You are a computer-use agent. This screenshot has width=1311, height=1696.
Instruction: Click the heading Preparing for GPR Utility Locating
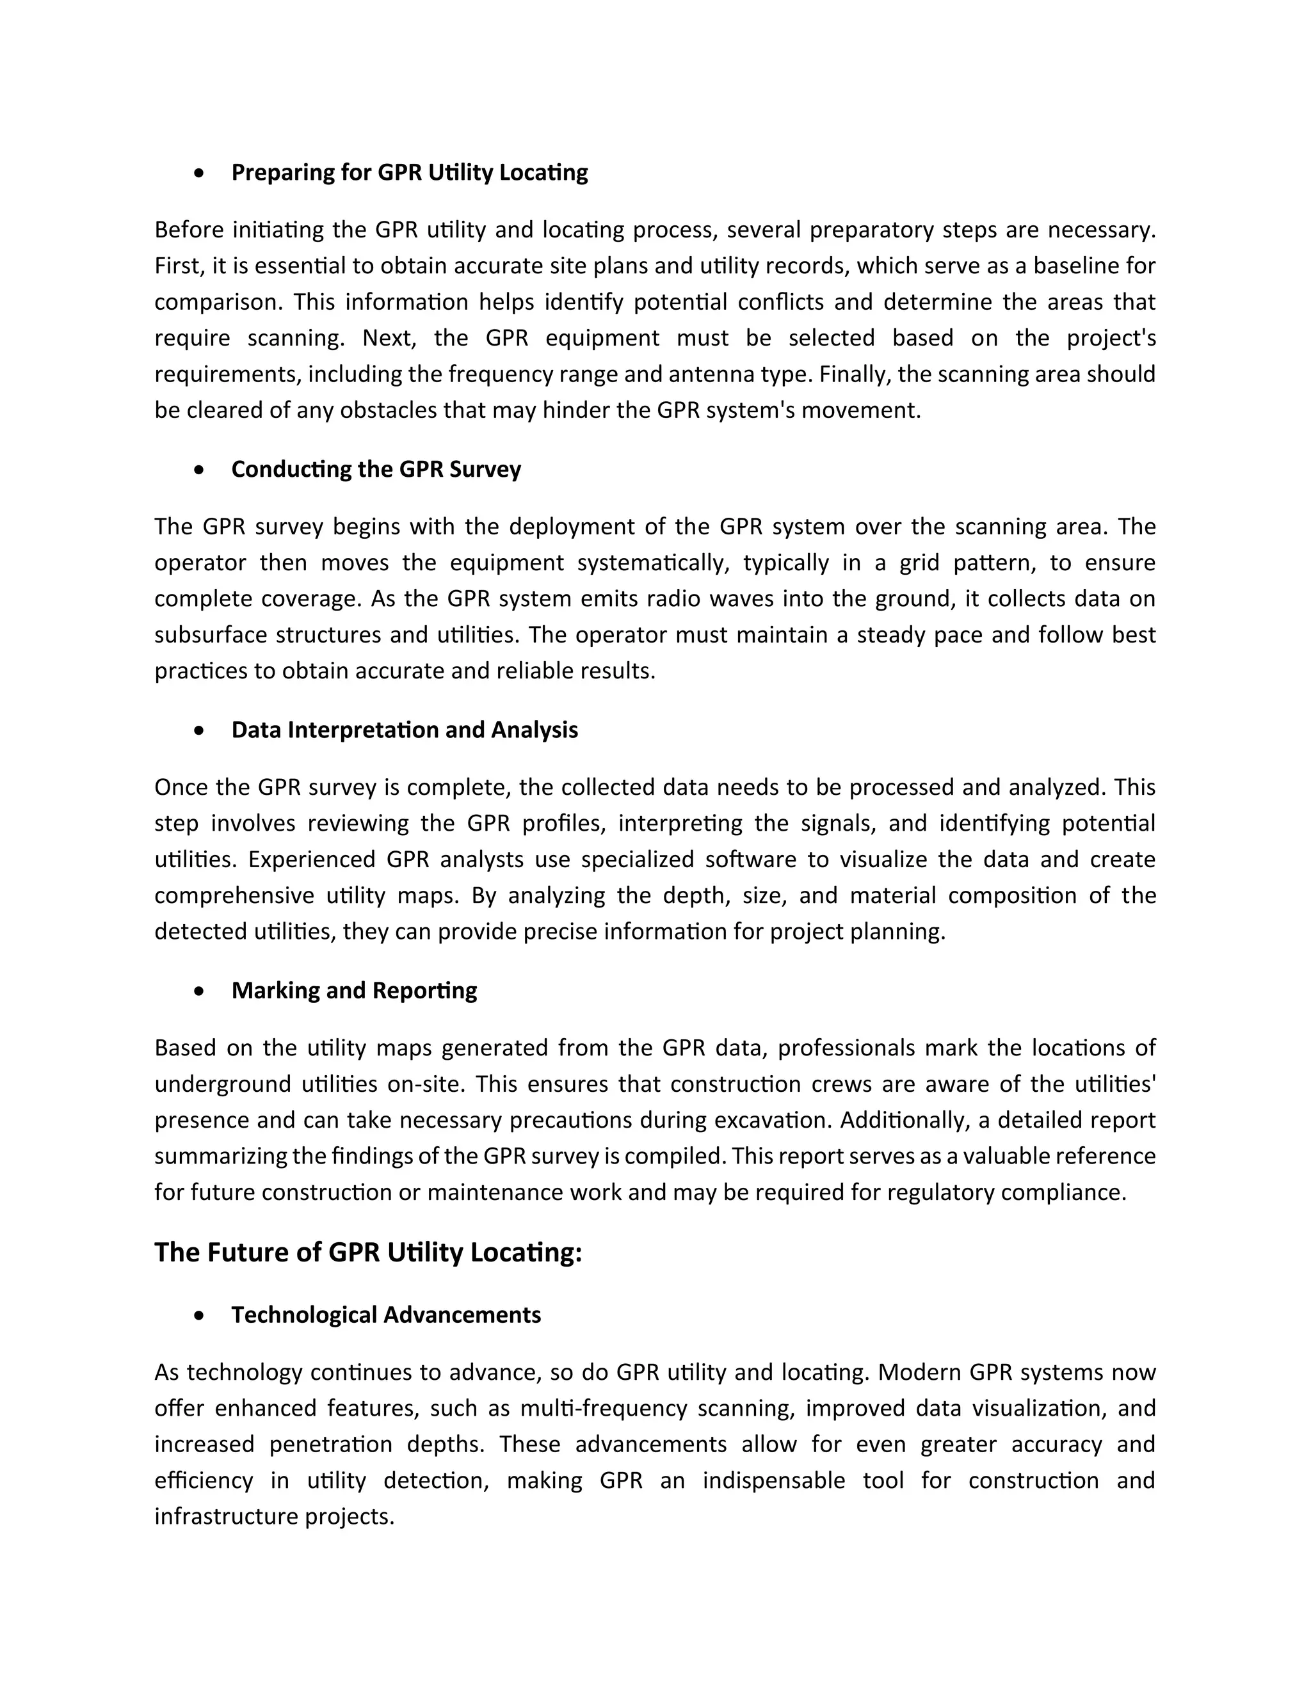pos(409,172)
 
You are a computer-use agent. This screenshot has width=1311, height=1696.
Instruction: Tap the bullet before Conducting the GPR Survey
pos(200,470)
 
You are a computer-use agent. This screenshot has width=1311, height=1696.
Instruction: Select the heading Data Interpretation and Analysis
pos(405,730)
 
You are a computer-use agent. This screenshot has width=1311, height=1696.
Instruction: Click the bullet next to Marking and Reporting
pos(200,991)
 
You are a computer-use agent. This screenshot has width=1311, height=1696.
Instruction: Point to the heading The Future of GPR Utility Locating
pos(367,1252)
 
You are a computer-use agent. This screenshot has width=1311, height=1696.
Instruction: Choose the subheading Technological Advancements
pos(386,1315)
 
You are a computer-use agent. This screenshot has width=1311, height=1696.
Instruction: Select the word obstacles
pos(389,410)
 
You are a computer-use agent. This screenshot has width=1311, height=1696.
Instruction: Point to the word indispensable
pos(773,1481)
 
